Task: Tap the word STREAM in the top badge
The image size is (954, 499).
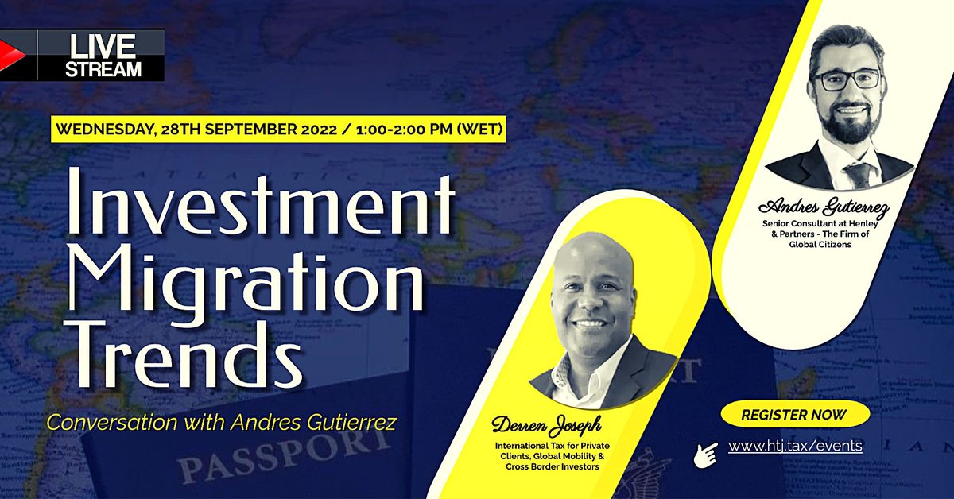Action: click(103, 69)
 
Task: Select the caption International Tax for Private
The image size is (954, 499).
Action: click(553, 445)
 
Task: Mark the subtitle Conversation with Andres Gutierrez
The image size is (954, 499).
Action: click(220, 420)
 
